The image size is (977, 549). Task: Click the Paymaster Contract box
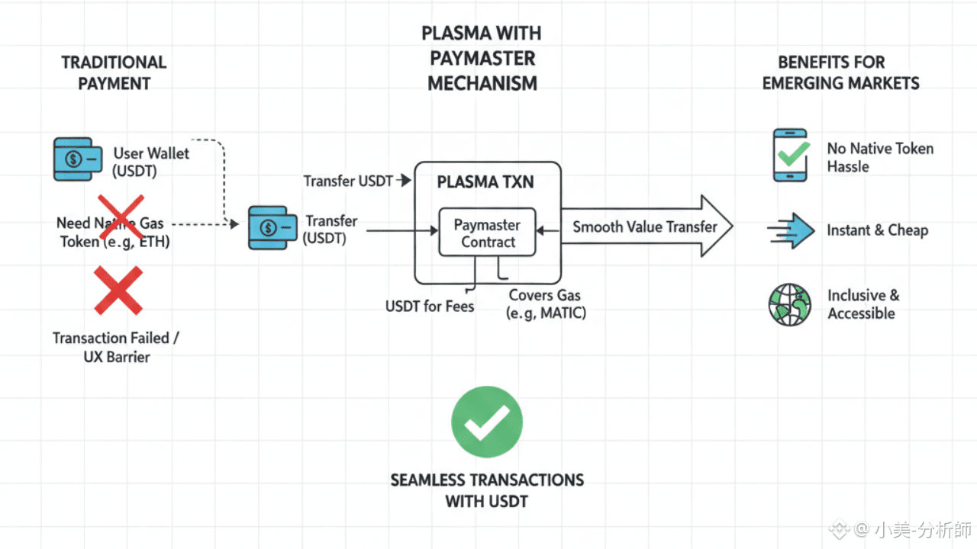click(488, 233)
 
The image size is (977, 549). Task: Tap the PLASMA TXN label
click(486, 183)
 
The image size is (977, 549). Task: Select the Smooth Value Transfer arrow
click(646, 226)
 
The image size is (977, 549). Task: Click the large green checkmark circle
click(487, 422)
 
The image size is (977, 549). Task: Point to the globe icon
click(789, 304)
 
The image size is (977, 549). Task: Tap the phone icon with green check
click(790, 155)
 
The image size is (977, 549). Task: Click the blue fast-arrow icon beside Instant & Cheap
click(792, 231)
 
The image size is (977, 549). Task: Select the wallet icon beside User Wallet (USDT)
click(77, 159)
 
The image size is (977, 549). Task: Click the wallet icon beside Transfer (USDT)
click(272, 227)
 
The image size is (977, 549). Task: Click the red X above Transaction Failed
click(118, 290)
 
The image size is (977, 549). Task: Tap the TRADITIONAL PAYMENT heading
click(114, 72)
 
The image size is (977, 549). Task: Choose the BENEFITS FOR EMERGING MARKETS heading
click(841, 72)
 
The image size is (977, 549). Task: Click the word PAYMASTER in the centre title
click(482, 58)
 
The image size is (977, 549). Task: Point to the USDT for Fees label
click(430, 307)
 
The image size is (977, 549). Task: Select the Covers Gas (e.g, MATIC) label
click(546, 303)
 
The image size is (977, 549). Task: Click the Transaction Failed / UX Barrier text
click(116, 347)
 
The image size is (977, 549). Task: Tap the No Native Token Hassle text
click(880, 157)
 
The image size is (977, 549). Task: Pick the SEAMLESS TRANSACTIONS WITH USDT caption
click(487, 490)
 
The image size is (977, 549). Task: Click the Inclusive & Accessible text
click(863, 304)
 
